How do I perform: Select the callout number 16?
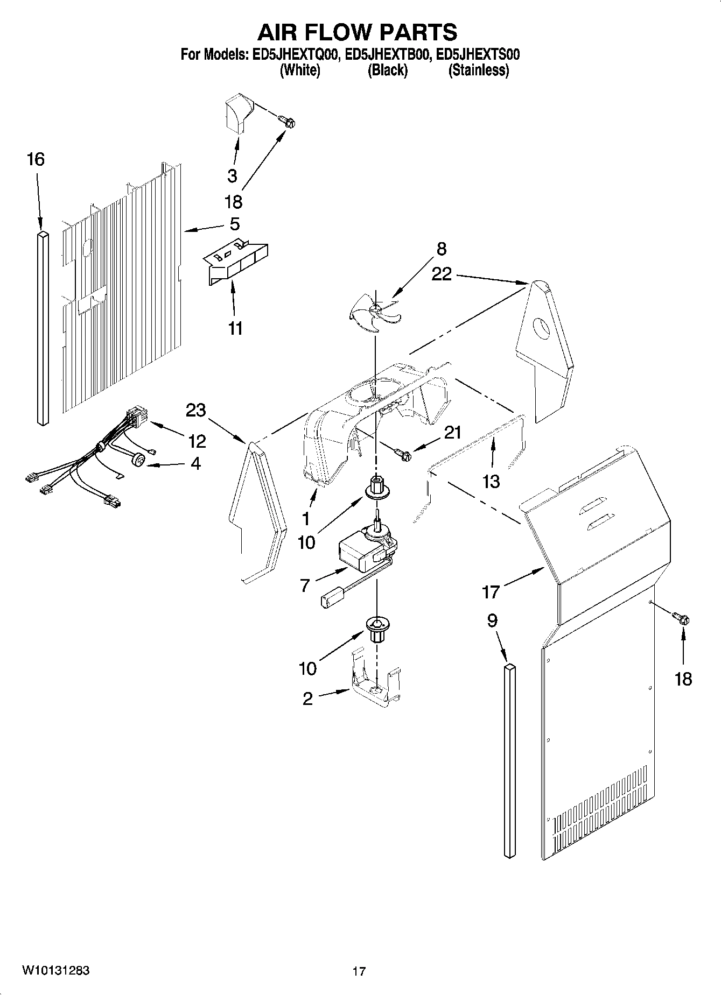point(36,159)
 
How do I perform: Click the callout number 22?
point(442,274)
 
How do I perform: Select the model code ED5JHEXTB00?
point(388,54)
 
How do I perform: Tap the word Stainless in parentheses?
point(479,70)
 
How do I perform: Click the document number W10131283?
point(55,970)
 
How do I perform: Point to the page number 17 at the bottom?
point(359,971)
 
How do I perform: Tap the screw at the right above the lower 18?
point(682,619)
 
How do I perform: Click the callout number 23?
point(196,410)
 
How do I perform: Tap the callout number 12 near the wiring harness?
point(197,441)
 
